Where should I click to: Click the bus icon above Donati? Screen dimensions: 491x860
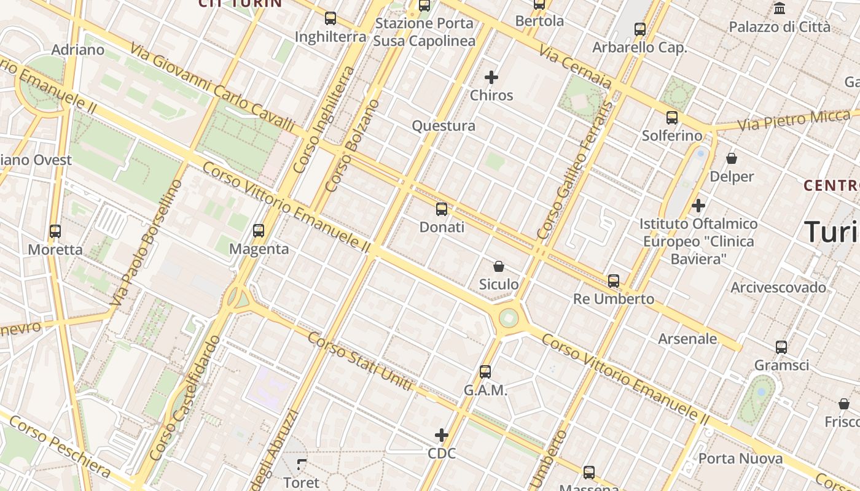(x=441, y=209)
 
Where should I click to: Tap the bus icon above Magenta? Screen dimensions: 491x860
(x=259, y=231)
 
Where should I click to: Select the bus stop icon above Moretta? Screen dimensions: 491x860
(x=55, y=231)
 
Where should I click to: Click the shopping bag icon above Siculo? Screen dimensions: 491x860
(x=499, y=266)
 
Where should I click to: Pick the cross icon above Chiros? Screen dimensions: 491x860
(x=491, y=77)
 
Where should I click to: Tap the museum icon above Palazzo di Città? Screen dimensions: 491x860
(x=780, y=9)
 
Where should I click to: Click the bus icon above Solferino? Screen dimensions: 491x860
(x=672, y=118)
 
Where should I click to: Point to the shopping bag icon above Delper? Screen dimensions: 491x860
(x=732, y=158)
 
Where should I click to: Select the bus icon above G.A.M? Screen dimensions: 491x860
(x=485, y=372)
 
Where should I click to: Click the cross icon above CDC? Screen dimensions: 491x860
(x=442, y=435)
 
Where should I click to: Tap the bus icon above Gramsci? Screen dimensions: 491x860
(x=781, y=347)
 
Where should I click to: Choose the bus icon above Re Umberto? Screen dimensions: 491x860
(x=614, y=281)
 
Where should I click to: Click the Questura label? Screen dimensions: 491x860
(x=444, y=126)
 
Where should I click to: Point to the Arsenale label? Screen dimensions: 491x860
(x=687, y=338)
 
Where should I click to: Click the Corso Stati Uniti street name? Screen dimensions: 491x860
(x=360, y=361)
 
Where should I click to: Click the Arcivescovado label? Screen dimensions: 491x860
(x=778, y=287)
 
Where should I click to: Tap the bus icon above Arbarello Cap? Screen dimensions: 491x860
(x=640, y=29)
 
